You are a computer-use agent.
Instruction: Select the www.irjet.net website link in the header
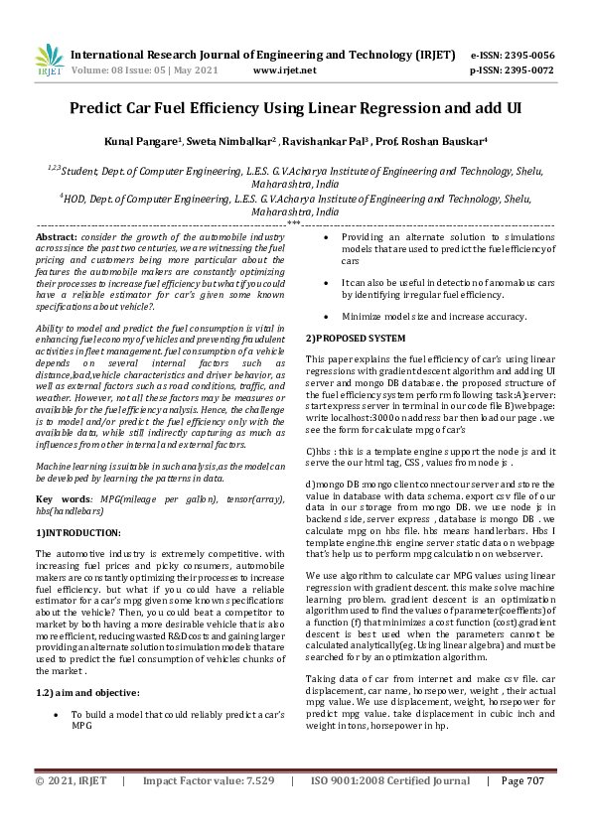285,71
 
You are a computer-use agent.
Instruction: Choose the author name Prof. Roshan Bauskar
439,142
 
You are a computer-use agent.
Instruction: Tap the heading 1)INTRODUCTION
79,532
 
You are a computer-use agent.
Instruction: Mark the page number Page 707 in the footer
522,809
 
